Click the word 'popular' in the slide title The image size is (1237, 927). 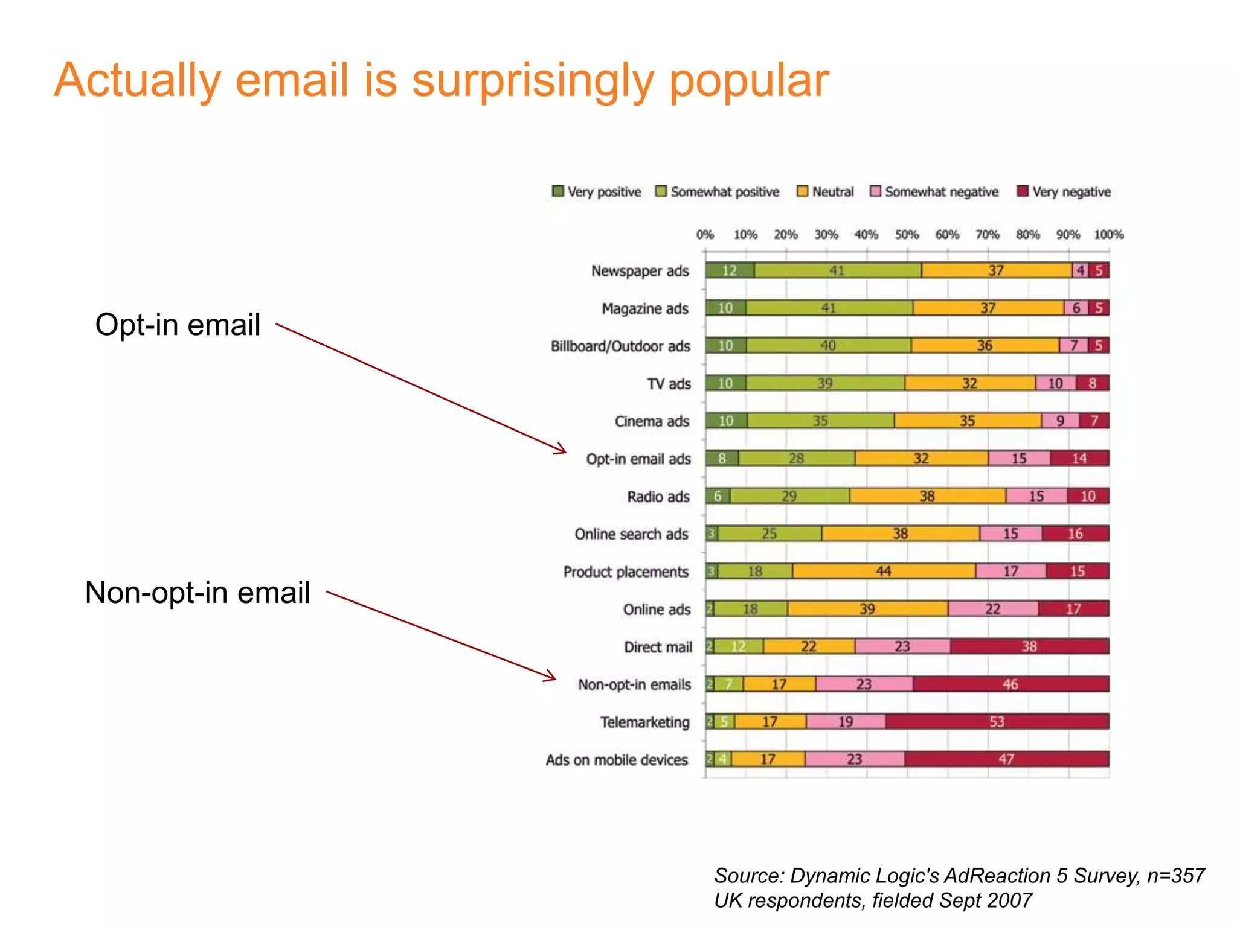click(749, 81)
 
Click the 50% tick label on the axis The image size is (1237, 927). click(907, 235)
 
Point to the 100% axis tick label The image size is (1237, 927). click(1108, 235)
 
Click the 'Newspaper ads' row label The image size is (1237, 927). click(640, 271)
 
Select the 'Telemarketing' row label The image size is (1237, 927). click(644, 722)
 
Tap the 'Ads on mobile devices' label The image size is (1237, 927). click(617, 760)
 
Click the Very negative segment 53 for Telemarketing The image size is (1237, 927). click(997, 721)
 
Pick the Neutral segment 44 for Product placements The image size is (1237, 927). click(884, 571)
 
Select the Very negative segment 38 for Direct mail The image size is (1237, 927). click(1029, 646)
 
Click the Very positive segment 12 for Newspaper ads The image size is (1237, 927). click(730, 270)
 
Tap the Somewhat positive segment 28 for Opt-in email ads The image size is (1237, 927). click(796, 458)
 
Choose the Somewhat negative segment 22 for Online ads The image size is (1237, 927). click(993, 608)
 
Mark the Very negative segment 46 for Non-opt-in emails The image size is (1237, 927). click(1010, 684)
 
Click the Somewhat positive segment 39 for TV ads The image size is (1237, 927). click(825, 383)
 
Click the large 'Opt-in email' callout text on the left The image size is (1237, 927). click(178, 325)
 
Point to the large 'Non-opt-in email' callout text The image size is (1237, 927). click(198, 592)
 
